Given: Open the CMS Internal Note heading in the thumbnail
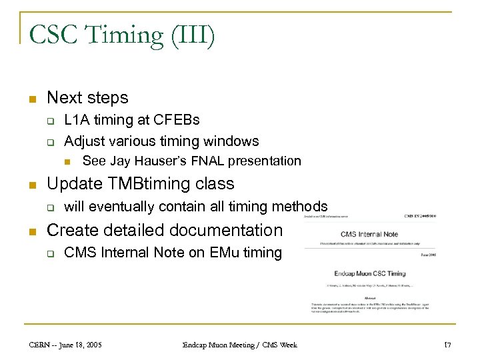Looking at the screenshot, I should click(x=369, y=234).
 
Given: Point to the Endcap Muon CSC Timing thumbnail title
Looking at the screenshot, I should click(x=369, y=273).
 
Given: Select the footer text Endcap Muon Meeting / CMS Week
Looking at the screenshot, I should click(x=240, y=345).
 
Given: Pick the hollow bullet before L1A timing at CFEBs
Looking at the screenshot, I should click(x=49, y=121).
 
